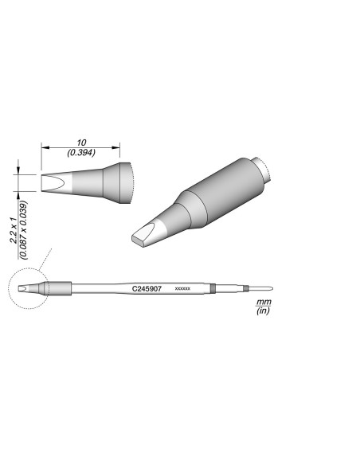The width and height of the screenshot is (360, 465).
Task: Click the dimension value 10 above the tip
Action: (80, 140)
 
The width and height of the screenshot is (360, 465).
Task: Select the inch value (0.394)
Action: (80, 150)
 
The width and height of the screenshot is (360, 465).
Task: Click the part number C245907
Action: (147, 287)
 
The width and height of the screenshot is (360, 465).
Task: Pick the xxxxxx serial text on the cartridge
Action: (182, 288)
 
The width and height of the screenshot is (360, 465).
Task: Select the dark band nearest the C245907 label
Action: (214, 287)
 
